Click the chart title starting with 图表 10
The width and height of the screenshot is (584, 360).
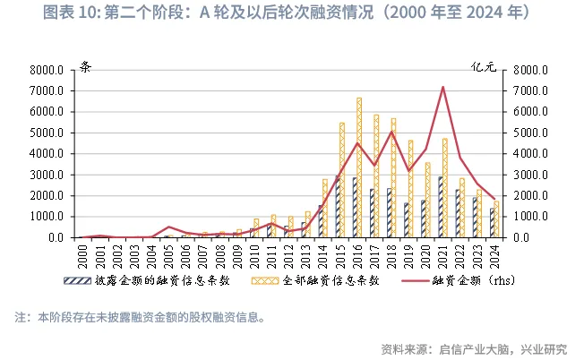coord(291,13)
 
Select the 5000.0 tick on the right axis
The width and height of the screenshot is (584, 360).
coord(529,133)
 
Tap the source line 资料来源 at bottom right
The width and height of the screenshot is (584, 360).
coord(474,348)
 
